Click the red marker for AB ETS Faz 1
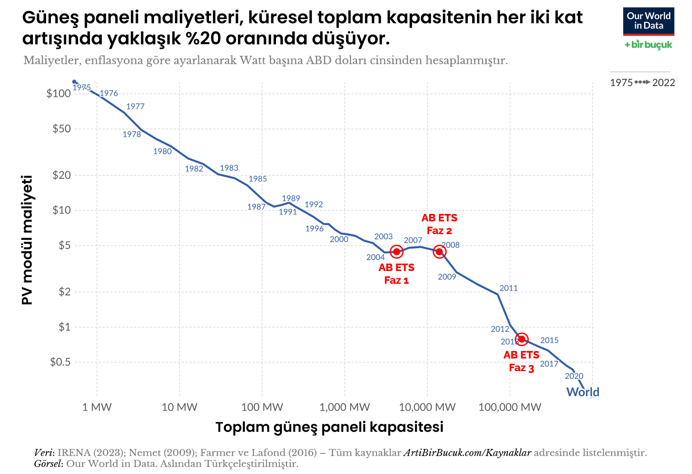tap(396, 252)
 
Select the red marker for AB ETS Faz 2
tap(439, 252)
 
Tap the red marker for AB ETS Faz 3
tap(521, 339)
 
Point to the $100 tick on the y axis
tap(58, 94)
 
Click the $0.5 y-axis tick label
tap(60, 362)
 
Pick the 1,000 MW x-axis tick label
tap(344, 407)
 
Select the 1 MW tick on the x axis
tap(97, 407)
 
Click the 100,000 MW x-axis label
tap(510, 407)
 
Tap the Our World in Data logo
tap(648, 21)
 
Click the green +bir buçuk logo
tap(648, 45)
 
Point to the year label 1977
tap(135, 106)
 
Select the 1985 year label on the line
tap(258, 179)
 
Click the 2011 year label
tap(509, 288)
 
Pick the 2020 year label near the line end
tap(574, 376)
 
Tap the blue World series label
tap(583, 392)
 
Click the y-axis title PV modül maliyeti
tap(27, 240)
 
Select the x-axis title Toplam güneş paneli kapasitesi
tap(329, 427)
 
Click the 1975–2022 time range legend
tap(642, 83)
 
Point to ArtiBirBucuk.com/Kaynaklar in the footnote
tap(467, 453)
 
